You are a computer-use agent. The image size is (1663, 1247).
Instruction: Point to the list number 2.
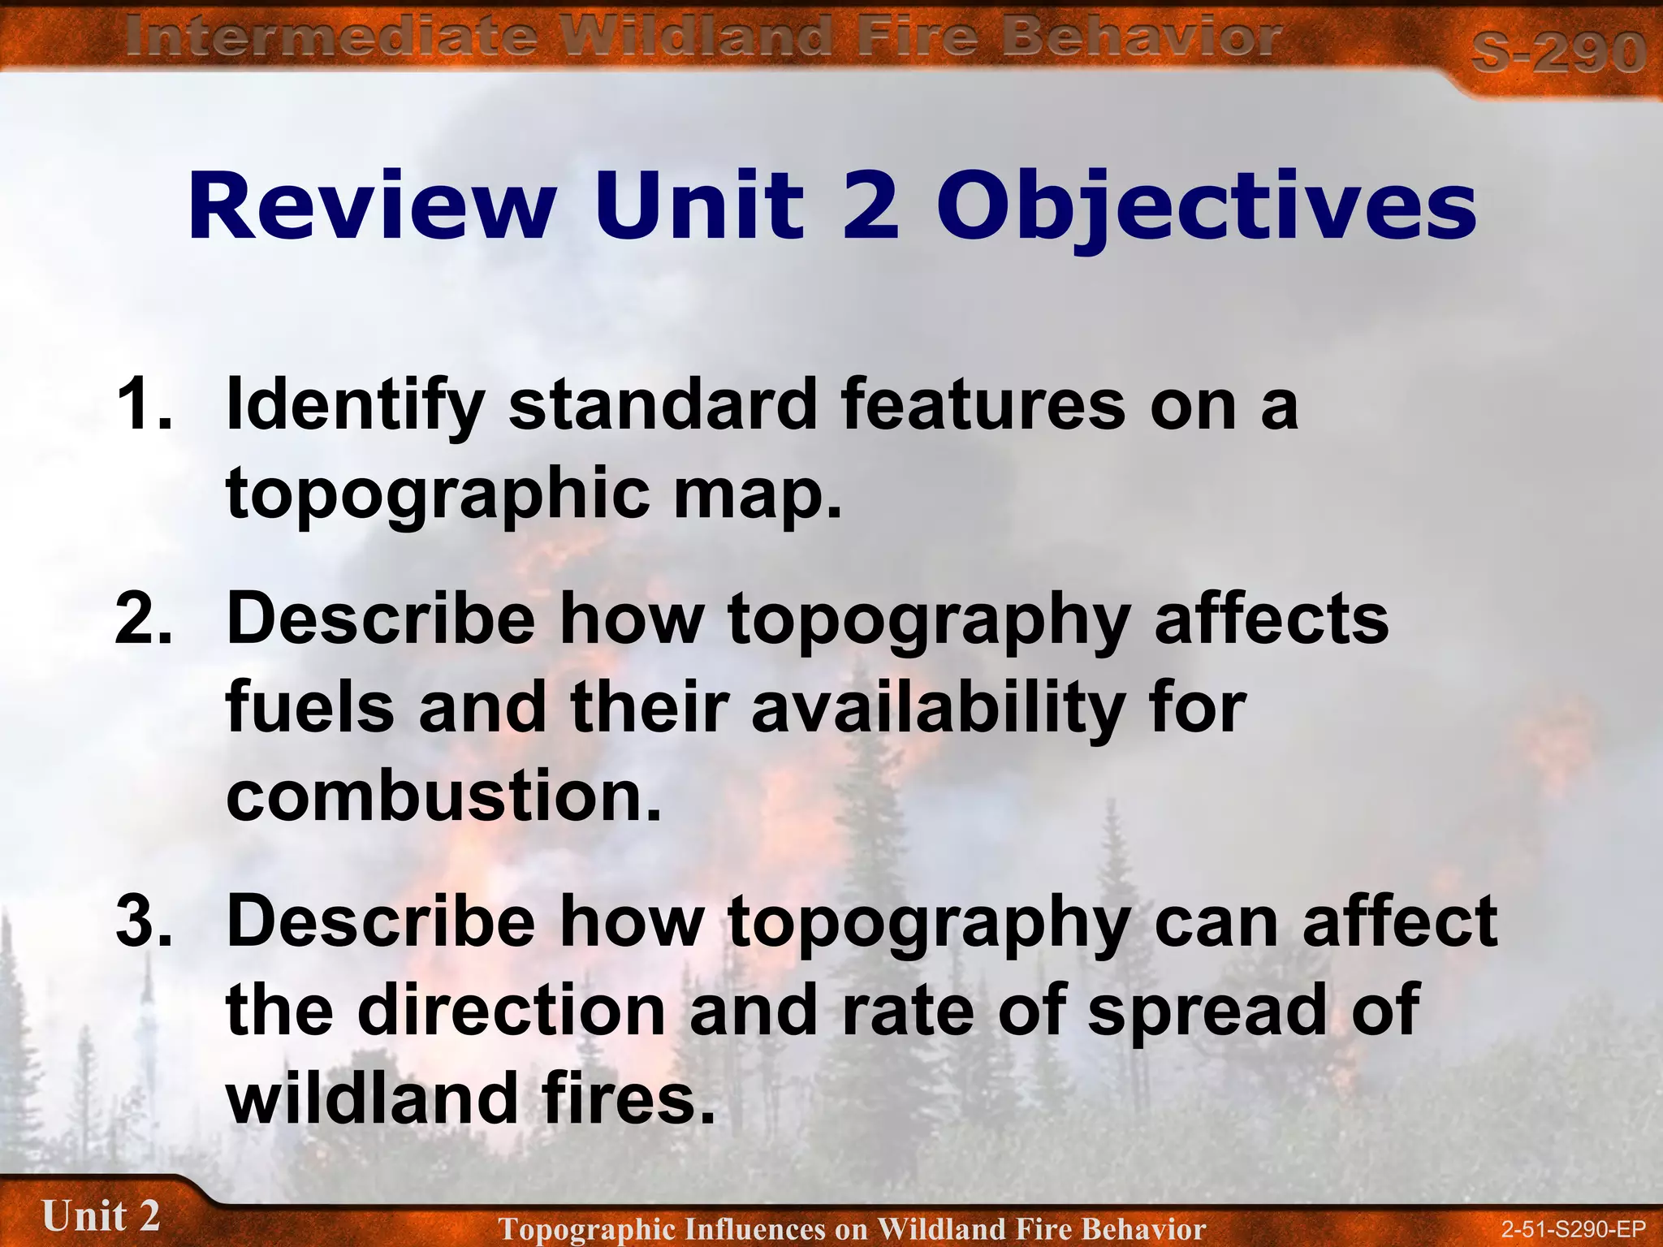tap(145, 619)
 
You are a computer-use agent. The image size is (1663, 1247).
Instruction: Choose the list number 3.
tap(145, 921)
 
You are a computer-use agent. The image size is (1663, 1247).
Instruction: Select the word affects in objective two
tap(1271, 619)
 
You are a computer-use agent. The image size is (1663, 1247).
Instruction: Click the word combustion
tap(443, 796)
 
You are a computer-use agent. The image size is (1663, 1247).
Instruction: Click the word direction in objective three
tap(512, 1010)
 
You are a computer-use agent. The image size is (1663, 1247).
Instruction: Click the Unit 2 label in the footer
tap(101, 1216)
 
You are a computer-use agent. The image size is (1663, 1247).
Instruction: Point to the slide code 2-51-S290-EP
tap(1573, 1228)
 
